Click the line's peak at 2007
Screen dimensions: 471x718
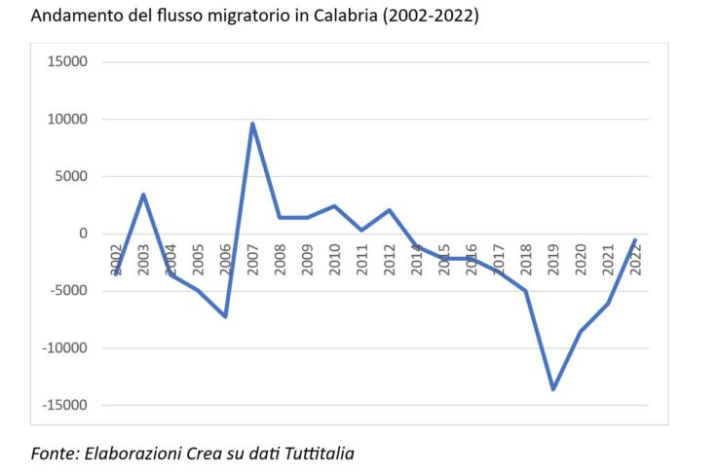[252, 124]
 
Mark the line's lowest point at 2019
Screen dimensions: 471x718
[553, 389]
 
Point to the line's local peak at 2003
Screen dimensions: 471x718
[143, 195]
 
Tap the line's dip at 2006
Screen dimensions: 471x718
[225, 316]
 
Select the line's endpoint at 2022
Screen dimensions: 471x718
[635, 240]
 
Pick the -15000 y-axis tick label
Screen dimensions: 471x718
[64, 406]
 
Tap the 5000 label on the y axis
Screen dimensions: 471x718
[70, 177]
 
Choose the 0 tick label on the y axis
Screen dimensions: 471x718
[83, 235]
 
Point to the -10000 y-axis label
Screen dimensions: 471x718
[64, 348]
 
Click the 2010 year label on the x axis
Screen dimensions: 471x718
[334, 260]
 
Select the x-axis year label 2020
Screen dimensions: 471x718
[581, 260]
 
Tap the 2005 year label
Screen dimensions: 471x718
[198, 260]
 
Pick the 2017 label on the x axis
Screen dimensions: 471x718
[499, 260]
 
